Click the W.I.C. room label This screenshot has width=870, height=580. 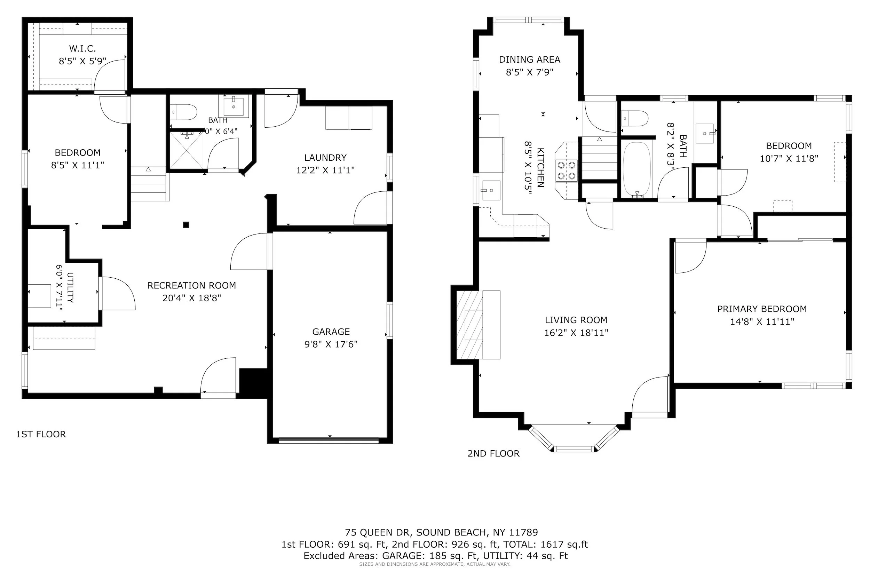point(82,48)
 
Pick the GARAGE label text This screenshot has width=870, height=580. point(331,332)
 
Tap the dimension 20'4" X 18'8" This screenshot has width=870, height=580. point(192,298)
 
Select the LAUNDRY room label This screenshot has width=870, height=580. point(325,158)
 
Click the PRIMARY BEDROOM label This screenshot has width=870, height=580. point(762,309)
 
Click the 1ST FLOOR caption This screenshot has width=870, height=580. point(41,434)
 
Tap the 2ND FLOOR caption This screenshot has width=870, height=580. point(493,453)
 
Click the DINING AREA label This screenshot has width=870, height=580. point(530,59)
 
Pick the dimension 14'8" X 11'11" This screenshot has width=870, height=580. point(762,322)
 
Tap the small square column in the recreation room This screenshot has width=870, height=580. point(186,224)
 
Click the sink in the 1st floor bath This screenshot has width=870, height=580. point(234,106)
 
